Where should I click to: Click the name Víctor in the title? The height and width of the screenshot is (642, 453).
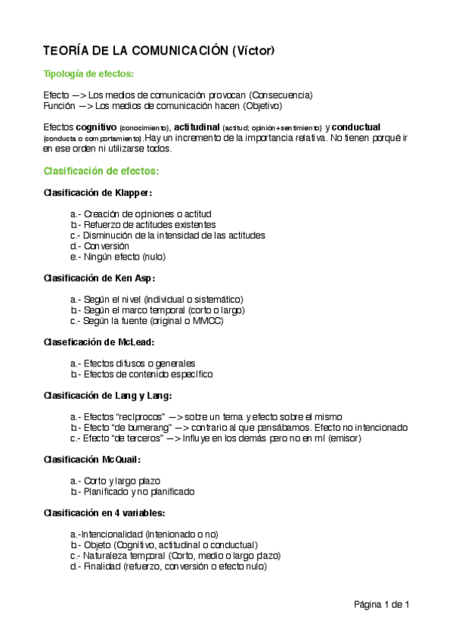coord(253,51)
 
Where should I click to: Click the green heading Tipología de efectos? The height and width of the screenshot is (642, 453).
coord(90,73)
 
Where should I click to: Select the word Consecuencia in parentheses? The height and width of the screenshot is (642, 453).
coord(281,95)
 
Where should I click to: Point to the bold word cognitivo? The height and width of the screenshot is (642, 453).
coord(95,126)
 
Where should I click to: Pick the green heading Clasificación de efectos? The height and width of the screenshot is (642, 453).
coord(101,171)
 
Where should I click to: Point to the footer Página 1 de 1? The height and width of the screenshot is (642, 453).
coord(381,604)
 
